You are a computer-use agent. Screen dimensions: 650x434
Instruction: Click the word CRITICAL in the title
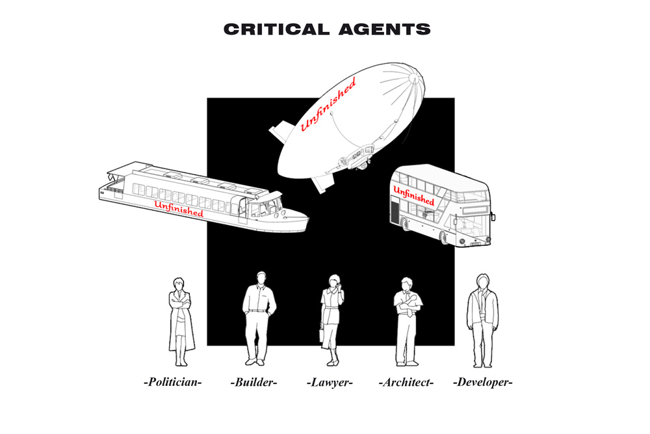pos(276,29)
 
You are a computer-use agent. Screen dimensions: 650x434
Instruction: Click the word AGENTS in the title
pos(385,29)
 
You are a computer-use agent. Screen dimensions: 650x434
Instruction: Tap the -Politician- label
pos(172,382)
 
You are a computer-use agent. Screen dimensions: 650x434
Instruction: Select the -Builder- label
pos(253,382)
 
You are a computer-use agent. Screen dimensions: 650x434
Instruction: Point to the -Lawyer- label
pos(330,382)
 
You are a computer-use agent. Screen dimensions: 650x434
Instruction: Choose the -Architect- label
pos(406,382)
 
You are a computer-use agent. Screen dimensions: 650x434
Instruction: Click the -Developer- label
pos(482,382)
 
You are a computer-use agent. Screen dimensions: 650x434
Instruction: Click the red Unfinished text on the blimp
pos(328,105)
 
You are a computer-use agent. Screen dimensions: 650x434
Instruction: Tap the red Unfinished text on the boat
pos(179,209)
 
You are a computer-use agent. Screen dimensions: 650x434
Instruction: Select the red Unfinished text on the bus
pos(413,196)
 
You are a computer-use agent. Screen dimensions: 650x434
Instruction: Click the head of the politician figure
pos(179,284)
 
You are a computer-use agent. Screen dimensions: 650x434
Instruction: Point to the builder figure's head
pos(261,278)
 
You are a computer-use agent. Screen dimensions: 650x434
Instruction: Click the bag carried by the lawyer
pos(322,334)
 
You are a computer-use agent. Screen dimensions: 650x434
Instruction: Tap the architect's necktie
pos(409,308)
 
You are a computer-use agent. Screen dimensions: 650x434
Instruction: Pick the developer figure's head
pos(482,281)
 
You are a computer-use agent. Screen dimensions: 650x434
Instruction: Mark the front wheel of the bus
pos(443,237)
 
